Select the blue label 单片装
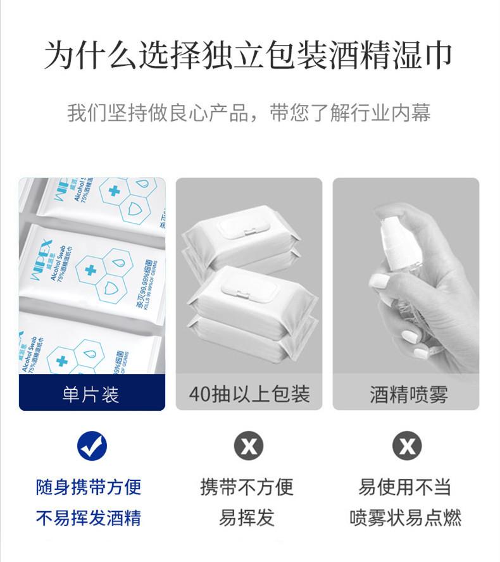[x=91, y=394]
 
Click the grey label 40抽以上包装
[x=249, y=394]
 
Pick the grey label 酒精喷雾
[x=409, y=394]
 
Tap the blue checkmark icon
[x=92, y=446]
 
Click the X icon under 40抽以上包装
[x=249, y=446]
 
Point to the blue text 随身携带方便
[x=89, y=487]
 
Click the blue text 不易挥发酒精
[x=89, y=518]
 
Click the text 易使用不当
[x=405, y=487]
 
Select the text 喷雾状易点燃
[x=405, y=518]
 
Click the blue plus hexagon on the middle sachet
[x=89, y=270]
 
